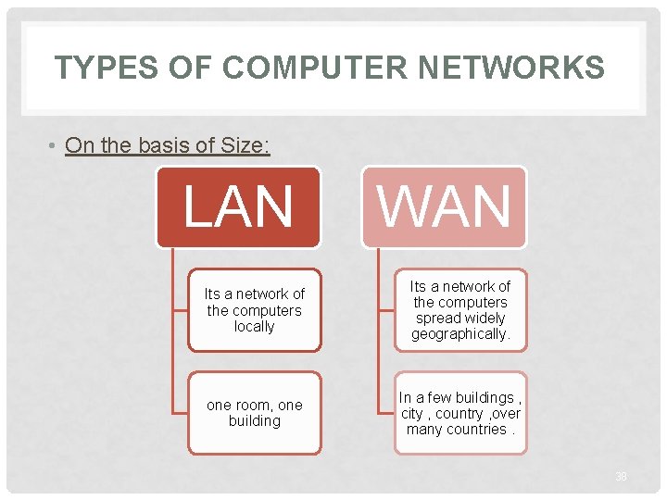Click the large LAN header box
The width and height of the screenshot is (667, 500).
pyautogui.click(x=238, y=206)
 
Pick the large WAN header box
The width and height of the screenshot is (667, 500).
pyautogui.click(x=444, y=206)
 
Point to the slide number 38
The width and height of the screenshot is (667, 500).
pyautogui.click(x=621, y=476)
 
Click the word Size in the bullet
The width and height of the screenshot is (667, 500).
pyautogui.click(x=241, y=145)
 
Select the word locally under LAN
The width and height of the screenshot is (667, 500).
pyautogui.click(x=255, y=326)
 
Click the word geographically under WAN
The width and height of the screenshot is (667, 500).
pyautogui.click(x=460, y=334)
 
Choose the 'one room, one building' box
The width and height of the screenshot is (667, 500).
pyautogui.click(x=255, y=413)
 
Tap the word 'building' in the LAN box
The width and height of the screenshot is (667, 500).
pyautogui.click(x=255, y=420)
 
